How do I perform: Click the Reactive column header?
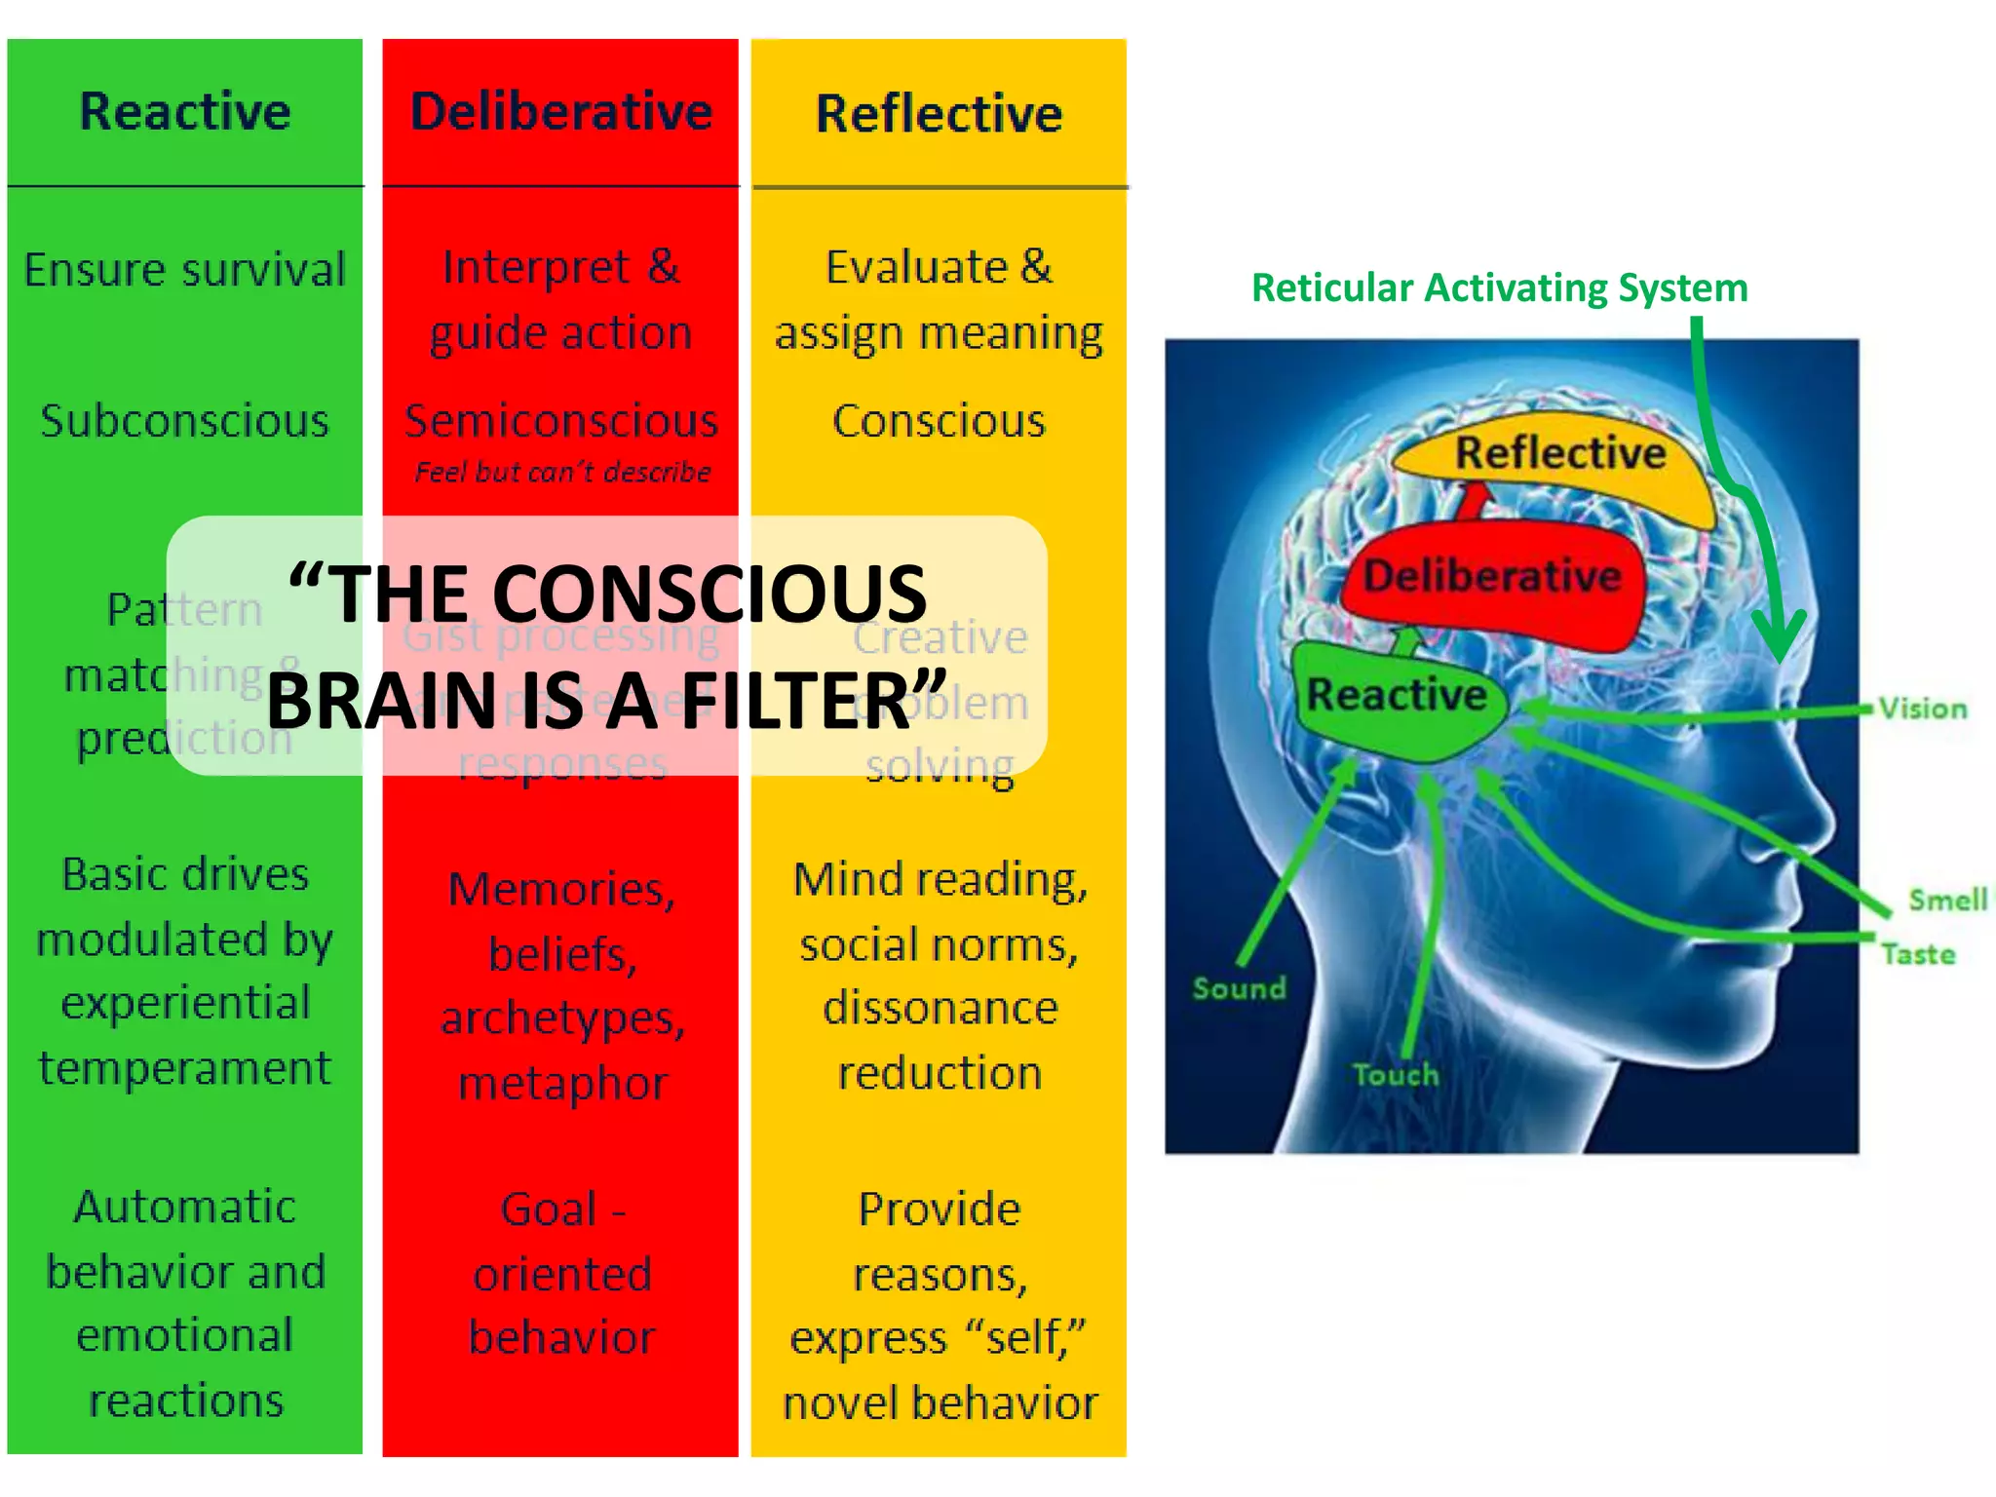[x=185, y=111]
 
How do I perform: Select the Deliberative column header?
[x=561, y=111]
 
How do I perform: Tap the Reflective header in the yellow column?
[x=939, y=113]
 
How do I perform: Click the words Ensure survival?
[x=185, y=270]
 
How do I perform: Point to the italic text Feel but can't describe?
[x=562, y=473]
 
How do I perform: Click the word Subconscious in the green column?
[x=185, y=421]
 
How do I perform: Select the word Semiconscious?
[x=561, y=421]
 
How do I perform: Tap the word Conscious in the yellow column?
[x=939, y=421]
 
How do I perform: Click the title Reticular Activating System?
[x=1499, y=288]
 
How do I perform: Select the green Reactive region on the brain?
[x=1396, y=696]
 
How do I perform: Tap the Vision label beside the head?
[x=1922, y=709]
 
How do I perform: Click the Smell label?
[x=1946, y=900]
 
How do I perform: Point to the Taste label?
[x=1917, y=954]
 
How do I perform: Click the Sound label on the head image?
[x=1239, y=988]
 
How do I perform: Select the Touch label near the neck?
[x=1395, y=1075]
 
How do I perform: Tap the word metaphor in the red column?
[x=562, y=1084]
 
